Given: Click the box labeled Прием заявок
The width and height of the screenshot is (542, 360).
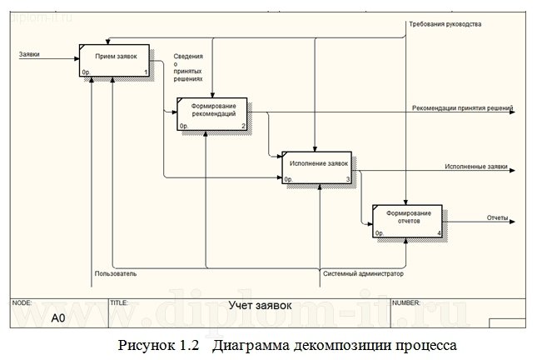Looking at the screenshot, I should point(115,59).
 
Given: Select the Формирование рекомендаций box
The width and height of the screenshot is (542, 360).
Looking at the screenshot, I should point(213,114).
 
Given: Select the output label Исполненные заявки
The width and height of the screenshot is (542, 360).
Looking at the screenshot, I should point(476,166).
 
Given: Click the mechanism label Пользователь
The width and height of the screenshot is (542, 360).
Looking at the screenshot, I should point(116,272).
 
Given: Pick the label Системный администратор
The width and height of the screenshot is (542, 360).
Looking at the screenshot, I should point(362,272).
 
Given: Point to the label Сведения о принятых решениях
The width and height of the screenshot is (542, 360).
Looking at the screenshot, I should point(188,67).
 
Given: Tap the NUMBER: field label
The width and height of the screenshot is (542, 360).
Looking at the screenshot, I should point(406,302).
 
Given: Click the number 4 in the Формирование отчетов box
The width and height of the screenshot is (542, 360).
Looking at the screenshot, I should point(439,234).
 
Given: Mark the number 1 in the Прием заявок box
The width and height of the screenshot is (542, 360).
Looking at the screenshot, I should point(146,72).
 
